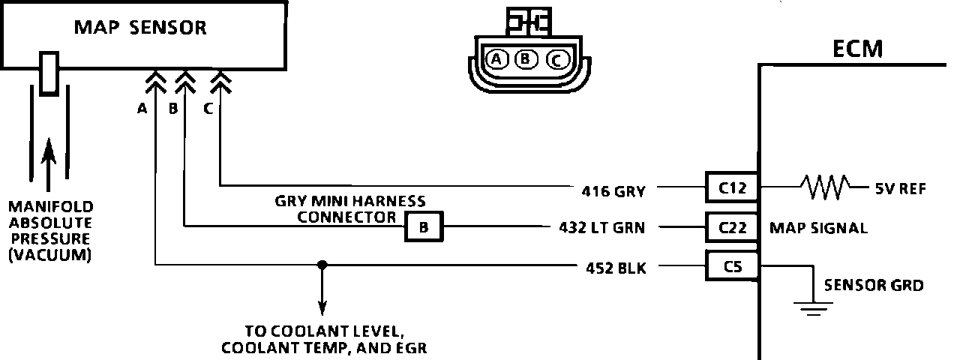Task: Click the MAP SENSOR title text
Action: point(140,28)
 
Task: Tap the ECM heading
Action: point(858,49)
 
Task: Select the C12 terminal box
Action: point(732,187)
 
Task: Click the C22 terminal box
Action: point(732,226)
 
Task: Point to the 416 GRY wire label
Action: point(613,190)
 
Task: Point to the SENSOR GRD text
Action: point(873,285)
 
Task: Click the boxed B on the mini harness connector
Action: point(424,226)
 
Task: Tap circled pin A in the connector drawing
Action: point(496,58)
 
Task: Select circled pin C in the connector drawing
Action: point(556,59)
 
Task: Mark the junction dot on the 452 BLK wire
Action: point(322,265)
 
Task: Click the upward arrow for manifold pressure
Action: point(49,157)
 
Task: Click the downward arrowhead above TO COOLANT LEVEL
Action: point(322,307)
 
